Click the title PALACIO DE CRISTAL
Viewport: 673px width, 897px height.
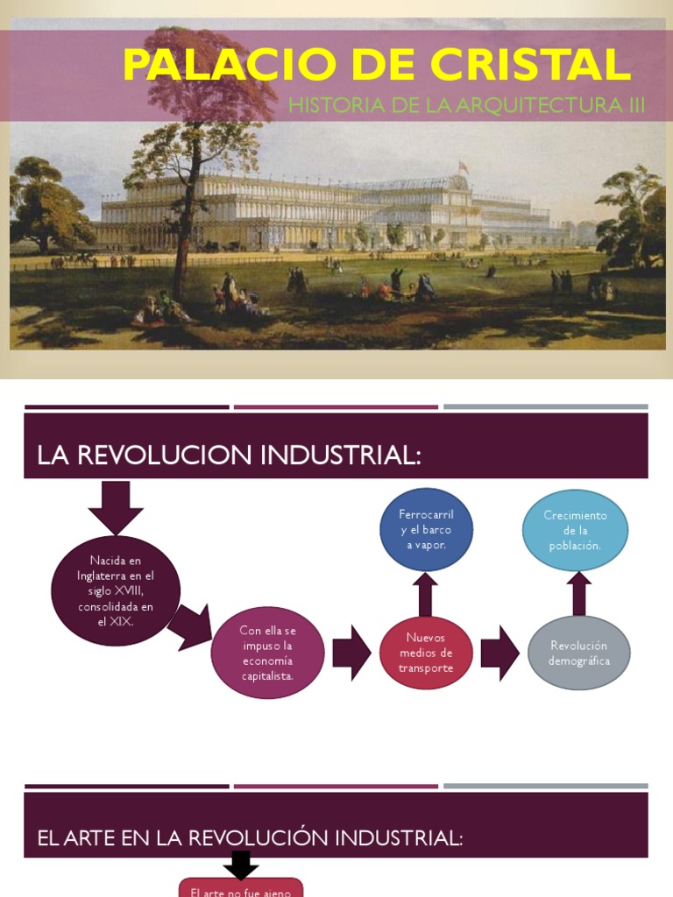(x=377, y=65)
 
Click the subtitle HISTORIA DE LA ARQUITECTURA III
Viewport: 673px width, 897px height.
(x=466, y=106)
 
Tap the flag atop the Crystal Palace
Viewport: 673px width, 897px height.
(x=463, y=166)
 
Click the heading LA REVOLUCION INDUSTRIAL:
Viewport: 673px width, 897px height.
(x=230, y=456)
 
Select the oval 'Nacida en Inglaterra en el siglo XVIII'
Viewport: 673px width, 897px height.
(x=116, y=590)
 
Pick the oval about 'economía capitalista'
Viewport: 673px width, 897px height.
(x=267, y=653)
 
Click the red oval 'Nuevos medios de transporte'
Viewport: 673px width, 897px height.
(x=426, y=653)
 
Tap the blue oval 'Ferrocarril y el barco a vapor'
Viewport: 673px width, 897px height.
(x=426, y=529)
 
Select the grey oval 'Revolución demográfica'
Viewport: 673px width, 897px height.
(x=578, y=653)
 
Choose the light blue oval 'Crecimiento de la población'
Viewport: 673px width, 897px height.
(x=575, y=530)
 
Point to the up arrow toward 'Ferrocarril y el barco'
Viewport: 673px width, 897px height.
(x=426, y=594)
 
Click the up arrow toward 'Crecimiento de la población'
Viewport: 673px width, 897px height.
(x=578, y=593)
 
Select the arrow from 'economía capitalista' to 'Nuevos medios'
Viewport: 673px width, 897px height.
(x=351, y=653)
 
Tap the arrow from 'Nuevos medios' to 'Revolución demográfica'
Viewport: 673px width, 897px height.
(x=500, y=653)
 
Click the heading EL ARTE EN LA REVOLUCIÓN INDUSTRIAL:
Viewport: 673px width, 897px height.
(x=250, y=837)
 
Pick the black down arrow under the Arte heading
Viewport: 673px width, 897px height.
(x=241, y=865)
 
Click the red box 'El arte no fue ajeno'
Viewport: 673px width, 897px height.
(x=241, y=888)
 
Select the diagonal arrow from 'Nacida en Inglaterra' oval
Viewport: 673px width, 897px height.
(x=191, y=625)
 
